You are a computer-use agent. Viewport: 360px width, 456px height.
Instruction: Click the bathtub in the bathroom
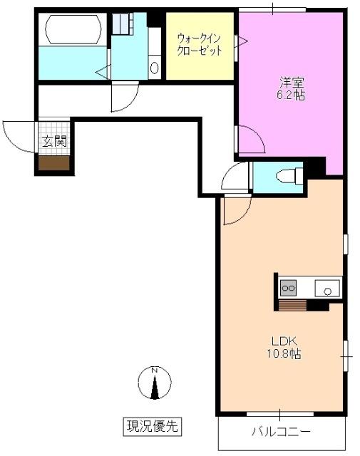73,30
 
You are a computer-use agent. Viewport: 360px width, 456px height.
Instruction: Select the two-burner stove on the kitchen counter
289,289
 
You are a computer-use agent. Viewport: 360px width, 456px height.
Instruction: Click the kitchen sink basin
329,289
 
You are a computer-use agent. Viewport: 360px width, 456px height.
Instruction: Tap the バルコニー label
281,432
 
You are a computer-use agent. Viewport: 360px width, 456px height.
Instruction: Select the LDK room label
279,341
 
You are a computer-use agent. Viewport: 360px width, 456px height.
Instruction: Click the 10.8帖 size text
279,354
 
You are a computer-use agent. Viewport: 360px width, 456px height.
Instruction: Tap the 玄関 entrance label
53,141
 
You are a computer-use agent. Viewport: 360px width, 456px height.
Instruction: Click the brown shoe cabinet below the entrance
54,164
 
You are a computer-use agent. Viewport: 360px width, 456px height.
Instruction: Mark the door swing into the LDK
235,210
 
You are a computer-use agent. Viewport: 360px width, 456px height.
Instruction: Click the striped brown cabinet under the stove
292,306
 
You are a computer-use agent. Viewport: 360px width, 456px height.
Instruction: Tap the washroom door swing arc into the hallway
124,98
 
